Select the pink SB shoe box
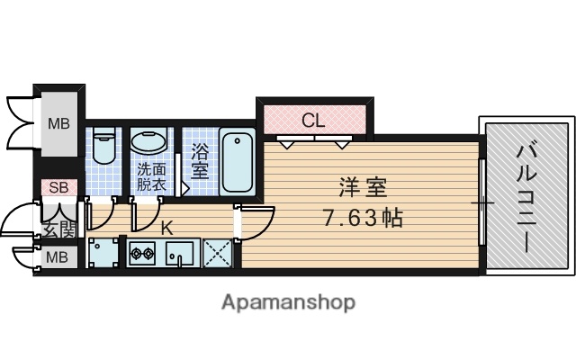click(58, 188)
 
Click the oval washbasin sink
click(149, 142)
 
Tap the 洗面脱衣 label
click(151, 176)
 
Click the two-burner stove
click(142, 254)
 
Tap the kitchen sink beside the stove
click(181, 254)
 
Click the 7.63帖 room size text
click(364, 217)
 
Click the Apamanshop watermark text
click(288, 301)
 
